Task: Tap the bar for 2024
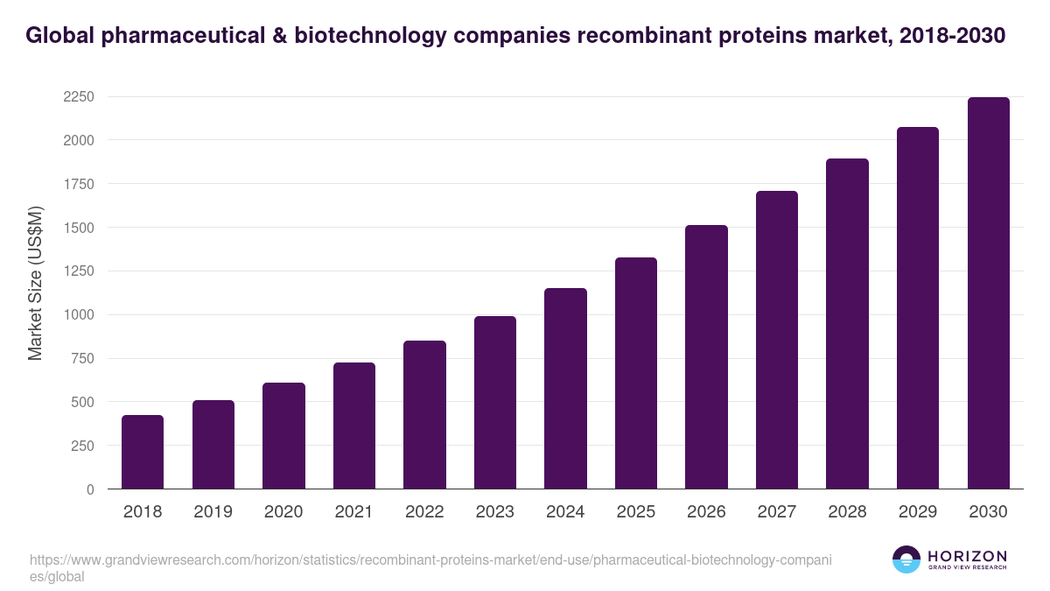click(x=565, y=389)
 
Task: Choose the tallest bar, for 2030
click(x=988, y=293)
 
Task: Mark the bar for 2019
click(x=213, y=445)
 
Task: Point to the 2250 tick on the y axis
click(x=79, y=96)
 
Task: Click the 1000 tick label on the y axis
click(x=79, y=315)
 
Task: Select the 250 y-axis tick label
click(x=82, y=446)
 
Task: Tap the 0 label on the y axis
click(x=90, y=489)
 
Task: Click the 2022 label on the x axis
click(x=424, y=512)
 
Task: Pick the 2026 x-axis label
click(x=706, y=512)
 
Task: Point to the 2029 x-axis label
click(x=918, y=512)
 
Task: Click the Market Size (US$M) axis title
click(x=35, y=283)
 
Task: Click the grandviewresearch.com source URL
click(x=429, y=559)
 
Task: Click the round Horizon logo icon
click(x=906, y=559)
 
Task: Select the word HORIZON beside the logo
click(x=966, y=556)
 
